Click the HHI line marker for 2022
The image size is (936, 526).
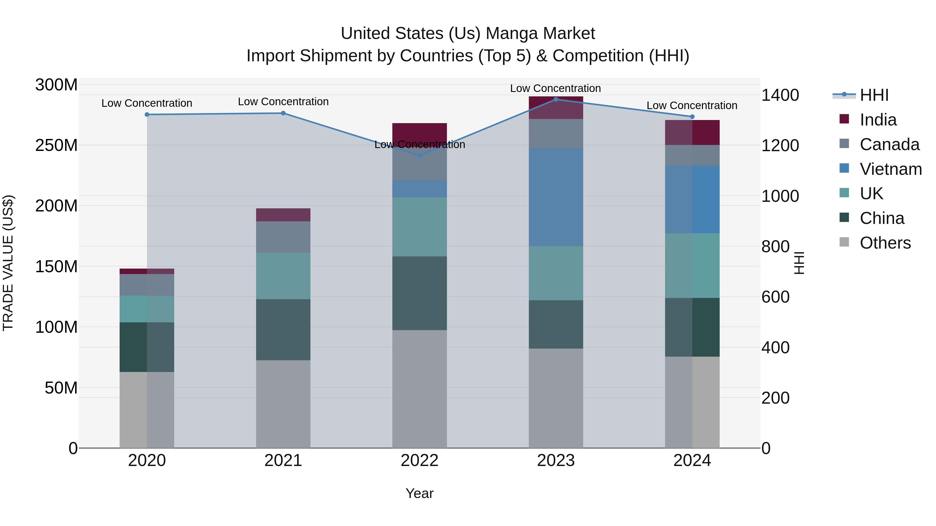419,155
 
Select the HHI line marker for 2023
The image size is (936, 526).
556,99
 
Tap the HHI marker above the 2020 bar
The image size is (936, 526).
147,114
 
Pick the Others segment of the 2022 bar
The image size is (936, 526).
419,388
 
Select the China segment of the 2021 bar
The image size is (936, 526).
283,329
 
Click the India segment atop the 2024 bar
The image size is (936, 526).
692,132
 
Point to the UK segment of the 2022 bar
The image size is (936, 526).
419,227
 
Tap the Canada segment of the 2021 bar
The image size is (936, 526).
283,237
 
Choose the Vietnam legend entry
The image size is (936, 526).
890,169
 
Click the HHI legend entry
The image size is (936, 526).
874,95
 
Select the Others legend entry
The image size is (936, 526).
885,243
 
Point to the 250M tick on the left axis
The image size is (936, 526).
56,145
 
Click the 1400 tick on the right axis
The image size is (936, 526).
780,95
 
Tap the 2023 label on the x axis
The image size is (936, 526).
556,461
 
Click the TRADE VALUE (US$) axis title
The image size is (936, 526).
8,263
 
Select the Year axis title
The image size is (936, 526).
419,493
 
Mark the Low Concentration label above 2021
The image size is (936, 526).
283,102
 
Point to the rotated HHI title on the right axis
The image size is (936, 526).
799,263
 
